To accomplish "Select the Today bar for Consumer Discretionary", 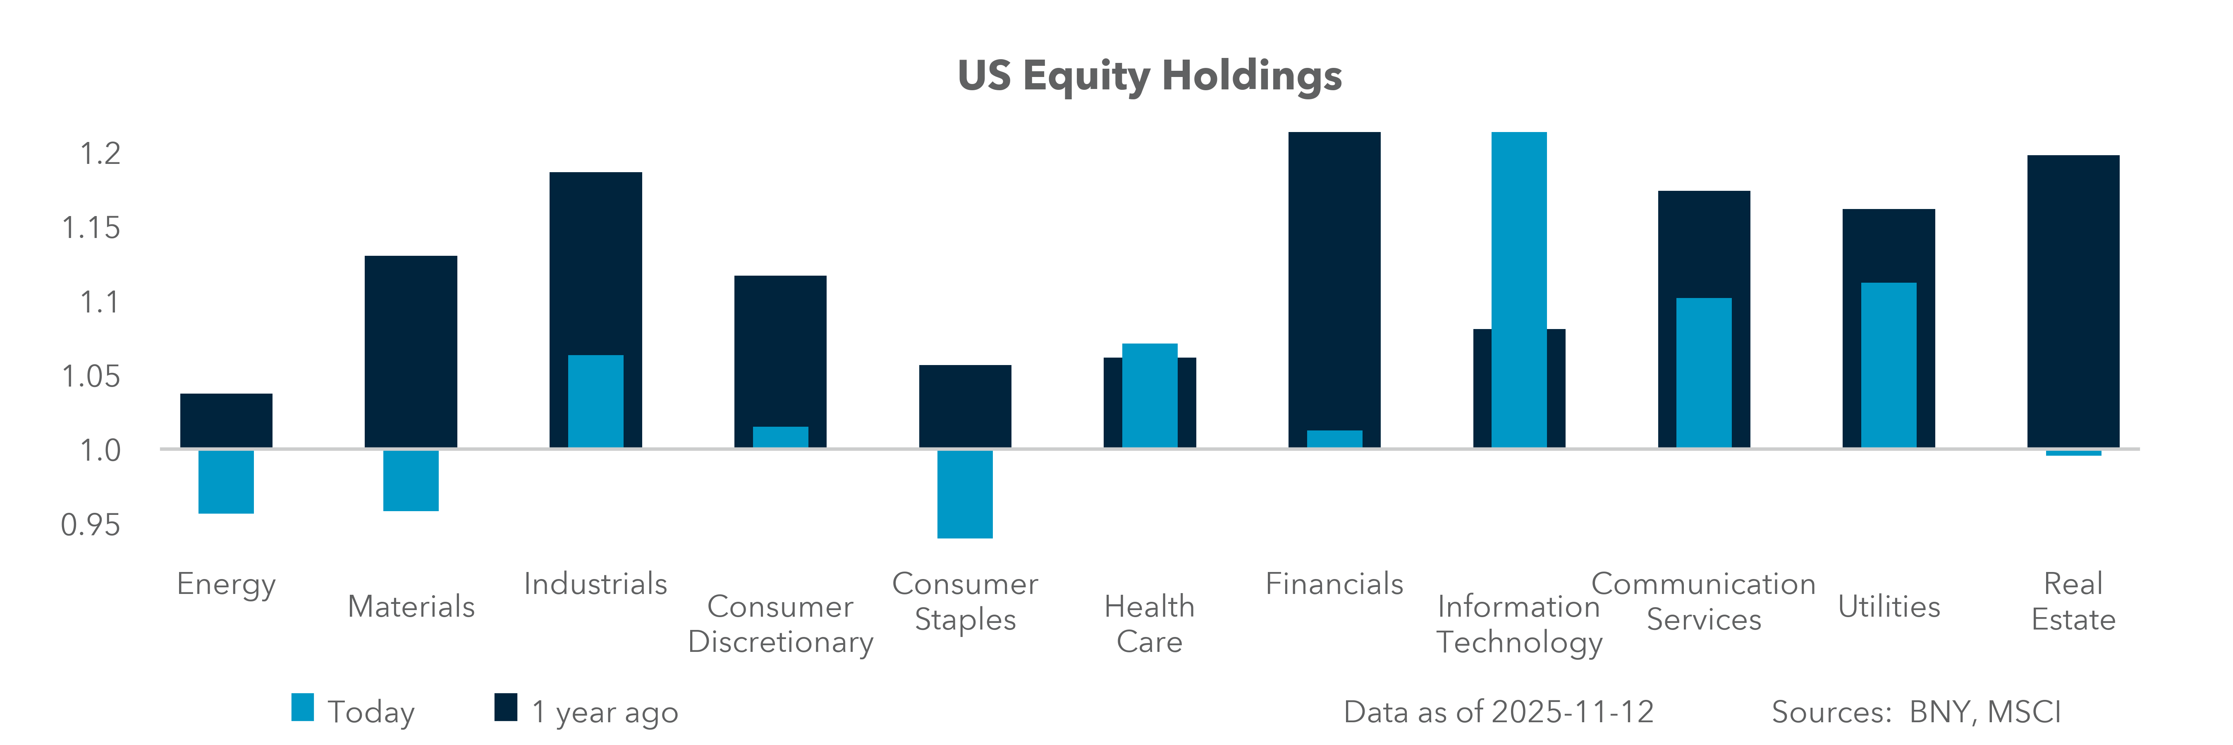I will [x=780, y=437].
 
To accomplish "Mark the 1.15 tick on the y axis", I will [x=91, y=228].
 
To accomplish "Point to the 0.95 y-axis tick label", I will [x=91, y=525].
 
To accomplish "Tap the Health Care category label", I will [x=1150, y=624].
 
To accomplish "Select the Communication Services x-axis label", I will [x=1703, y=601].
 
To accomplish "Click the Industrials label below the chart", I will [x=595, y=584].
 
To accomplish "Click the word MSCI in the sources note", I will [x=2023, y=712].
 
